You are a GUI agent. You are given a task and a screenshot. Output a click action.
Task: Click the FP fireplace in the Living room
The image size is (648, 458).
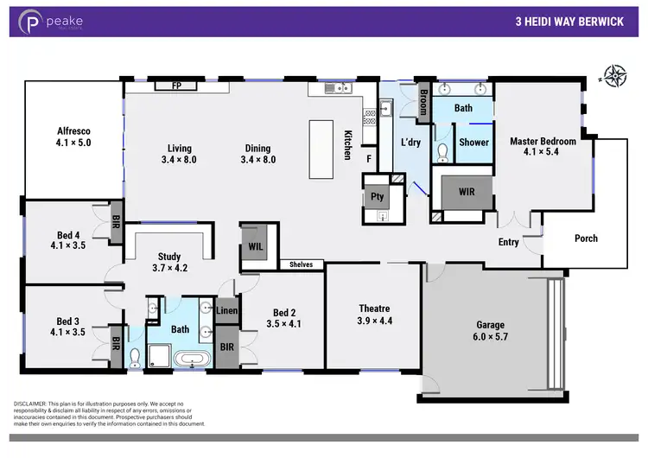click(176, 86)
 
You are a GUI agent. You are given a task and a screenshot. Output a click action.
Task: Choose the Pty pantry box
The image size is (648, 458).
click(378, 197)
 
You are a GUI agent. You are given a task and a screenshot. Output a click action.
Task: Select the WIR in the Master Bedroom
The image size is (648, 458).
click(467, 192)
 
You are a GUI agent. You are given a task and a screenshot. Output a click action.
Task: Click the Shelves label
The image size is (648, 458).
click(301, 264)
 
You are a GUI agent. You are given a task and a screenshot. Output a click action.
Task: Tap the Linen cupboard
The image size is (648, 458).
click(227, 310)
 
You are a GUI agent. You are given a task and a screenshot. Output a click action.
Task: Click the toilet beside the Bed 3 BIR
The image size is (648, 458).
click(134, 358)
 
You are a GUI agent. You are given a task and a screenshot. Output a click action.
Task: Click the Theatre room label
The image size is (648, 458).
click(374, 309)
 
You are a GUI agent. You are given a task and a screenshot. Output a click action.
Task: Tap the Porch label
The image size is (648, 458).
click(586, 239)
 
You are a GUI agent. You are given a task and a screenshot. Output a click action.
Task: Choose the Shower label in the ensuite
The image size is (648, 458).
click(473, 143)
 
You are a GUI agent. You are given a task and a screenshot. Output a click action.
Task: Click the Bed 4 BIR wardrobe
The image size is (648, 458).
click(116, 219)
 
